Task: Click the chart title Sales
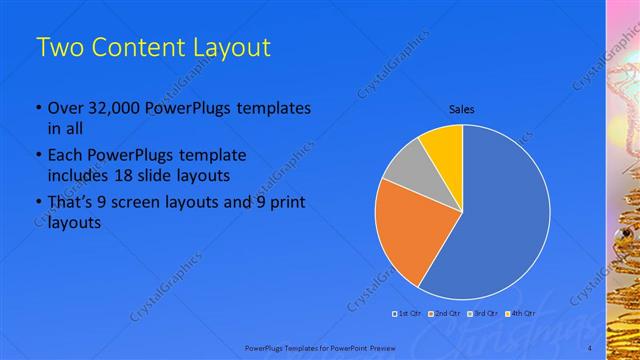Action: (x=461, y=109)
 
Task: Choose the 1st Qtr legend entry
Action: (x=406, y=314)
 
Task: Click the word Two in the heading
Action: (x=57, y=47)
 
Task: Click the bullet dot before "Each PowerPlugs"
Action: (x=39, y=157)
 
